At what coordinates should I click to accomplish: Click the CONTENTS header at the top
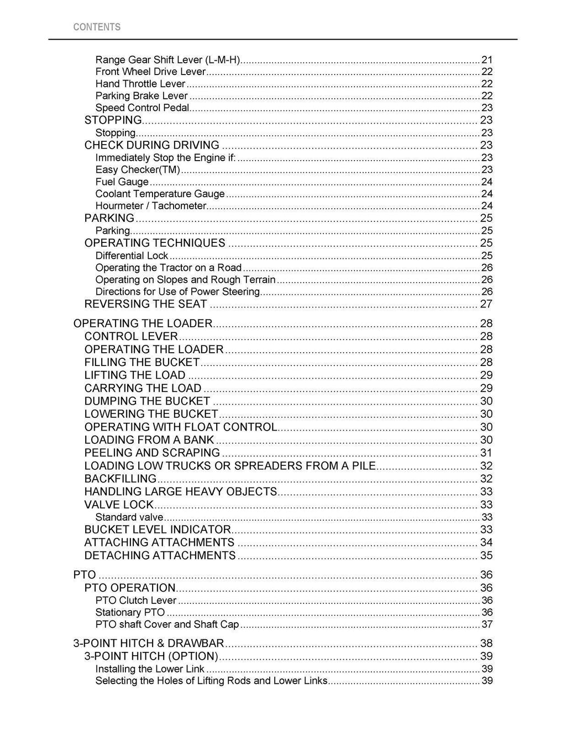[97, 27]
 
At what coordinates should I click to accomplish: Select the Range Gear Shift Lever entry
[168, 60]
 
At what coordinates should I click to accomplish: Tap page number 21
[487, 60]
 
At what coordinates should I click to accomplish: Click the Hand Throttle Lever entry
[140, 84]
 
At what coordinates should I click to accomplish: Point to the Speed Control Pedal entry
[143, 108]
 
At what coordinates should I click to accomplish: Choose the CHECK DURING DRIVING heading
[152, 145]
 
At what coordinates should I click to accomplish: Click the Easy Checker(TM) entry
[138, 169]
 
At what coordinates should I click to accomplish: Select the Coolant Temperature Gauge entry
[160, 194]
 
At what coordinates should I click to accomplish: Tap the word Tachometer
[179, 206]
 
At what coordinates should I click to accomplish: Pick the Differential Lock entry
[132, 256]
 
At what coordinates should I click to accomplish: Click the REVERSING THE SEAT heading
[146, 304]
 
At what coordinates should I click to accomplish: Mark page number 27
[486, 304]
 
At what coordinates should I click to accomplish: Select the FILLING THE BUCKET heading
[142, 363]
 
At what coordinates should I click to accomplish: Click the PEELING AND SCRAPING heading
[152, 453]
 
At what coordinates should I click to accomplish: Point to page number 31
[486, 453]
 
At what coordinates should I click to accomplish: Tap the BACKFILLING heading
[120, 479]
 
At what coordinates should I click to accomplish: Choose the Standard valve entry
[129, 517]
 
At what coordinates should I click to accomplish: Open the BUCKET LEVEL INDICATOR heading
[158, 530]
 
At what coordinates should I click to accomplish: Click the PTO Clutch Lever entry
[136, 601]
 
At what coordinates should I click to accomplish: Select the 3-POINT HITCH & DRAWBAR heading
[149, 644]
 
